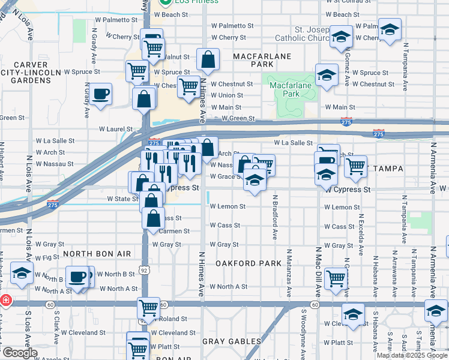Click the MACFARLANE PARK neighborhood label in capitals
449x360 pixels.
(262, 60)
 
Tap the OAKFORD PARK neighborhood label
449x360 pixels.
(249, 263)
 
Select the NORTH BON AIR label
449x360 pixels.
(97, 254)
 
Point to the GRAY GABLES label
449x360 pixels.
(231, 341)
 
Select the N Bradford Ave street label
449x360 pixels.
(275, 217)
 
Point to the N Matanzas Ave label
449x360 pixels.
(289, 274)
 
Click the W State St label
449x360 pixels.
(122, 199)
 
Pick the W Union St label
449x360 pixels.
(226, 95)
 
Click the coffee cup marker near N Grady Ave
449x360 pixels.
(101, 94)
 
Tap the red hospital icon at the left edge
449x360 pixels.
(5, 299)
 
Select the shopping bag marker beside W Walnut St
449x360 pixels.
(207, 59)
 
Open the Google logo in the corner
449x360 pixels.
(19, 353)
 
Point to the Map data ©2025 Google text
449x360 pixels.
(412, 355)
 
